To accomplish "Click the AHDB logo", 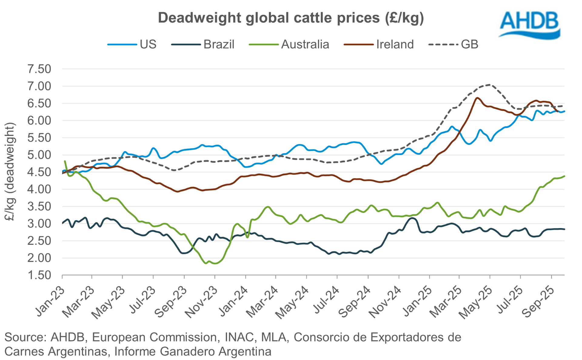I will coord(529,25).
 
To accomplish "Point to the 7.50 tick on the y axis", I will coord(39,69).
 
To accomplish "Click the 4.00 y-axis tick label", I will coord(39,189).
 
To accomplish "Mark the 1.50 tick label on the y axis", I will coord(39,275).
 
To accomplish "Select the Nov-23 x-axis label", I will coord(202,302).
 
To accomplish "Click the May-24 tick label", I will coord(293,302).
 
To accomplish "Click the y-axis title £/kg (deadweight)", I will coord(10,172).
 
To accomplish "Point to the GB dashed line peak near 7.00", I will coord(489,85).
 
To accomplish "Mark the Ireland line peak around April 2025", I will coord(477,98).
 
